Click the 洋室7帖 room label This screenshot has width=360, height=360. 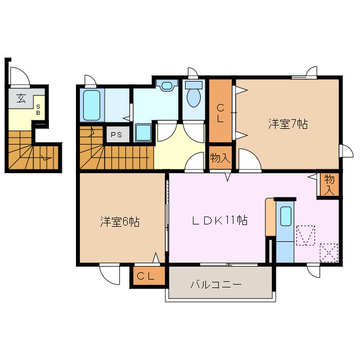click(x=287, y=124)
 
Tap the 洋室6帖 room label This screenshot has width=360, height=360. click(x=120, y=222)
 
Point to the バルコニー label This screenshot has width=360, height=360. click(x=215, y=285)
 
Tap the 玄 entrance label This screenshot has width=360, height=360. click(x=21, y=98)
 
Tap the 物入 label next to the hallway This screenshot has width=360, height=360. click(x=220, y=157)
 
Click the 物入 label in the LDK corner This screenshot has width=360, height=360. click(x=329, y=184)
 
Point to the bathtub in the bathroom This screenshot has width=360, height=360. click(x=92, y=105)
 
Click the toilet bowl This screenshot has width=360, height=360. click(x=193, y=96)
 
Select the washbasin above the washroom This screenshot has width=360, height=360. click(x=166, y=86)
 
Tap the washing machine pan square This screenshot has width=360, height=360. click(x=143, y=133)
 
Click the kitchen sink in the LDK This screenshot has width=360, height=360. click(x=286, y=216)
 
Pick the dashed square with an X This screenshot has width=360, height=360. click(x=328, y=252)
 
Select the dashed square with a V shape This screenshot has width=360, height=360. click(x=305, y=235)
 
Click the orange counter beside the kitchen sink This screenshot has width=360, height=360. click(x=270, y=217)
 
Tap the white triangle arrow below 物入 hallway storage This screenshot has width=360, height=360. click(x=228, y=178)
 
